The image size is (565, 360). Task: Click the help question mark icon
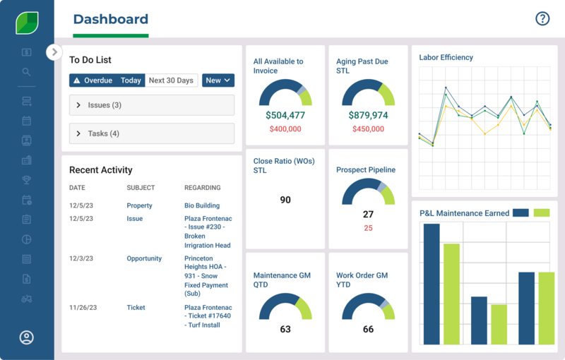coord(542,19)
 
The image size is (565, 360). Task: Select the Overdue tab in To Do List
coord(93,80)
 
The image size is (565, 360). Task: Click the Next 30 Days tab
coord(171,80)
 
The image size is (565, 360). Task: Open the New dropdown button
coord(218,80)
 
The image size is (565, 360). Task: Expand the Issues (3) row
coord(151,105)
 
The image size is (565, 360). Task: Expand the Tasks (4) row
coord(151,133)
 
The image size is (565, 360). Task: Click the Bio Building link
coord(201,205)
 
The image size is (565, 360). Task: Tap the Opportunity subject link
coord(144,258)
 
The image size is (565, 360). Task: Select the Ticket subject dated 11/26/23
coord(136,308)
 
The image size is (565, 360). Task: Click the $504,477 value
coord(285,115)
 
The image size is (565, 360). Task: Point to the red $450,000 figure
coord(368,129)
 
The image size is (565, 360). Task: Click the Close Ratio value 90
coord(285,200)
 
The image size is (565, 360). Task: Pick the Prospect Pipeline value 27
coord(368,215)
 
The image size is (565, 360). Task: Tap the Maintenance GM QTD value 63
coord(285,329)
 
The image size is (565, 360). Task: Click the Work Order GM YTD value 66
coord(368,329)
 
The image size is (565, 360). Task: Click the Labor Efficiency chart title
coord(446,57)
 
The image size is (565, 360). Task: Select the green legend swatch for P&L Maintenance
coord(542,212)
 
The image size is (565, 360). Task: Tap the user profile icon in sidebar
coord(27,337)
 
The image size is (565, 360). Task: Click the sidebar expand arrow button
coord(54,52)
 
